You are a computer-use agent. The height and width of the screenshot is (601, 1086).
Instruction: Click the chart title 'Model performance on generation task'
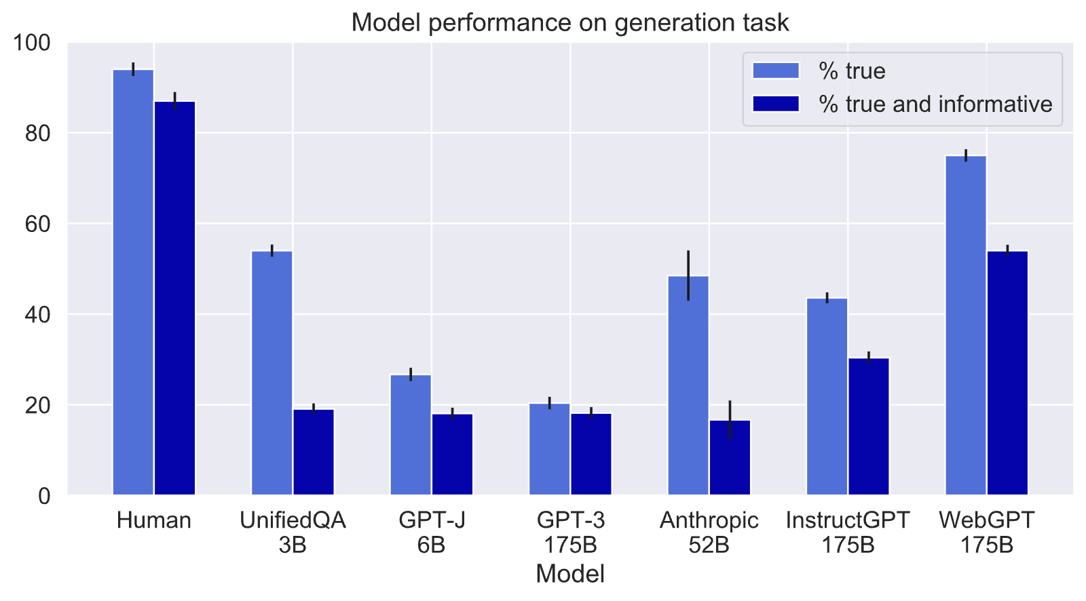[570, 23]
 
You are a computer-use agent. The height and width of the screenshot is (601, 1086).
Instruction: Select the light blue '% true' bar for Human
[133, 282]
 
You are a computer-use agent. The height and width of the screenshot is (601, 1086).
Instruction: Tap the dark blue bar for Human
[175, 298]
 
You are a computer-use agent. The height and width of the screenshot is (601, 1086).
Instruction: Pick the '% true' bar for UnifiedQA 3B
[272, 372]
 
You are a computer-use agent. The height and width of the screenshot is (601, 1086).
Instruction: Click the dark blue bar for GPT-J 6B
[452, 454]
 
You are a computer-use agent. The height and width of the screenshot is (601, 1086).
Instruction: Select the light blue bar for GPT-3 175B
[550, 449]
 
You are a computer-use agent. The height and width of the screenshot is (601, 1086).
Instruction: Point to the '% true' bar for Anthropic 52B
[688, 385]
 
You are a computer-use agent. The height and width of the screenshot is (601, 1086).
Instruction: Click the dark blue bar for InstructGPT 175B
[869, 427]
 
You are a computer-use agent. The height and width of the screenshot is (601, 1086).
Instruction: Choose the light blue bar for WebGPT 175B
[967, 325]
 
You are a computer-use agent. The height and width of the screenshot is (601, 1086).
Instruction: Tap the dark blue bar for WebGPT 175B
[1008, 372]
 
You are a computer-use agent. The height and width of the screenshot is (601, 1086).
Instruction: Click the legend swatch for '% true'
[776, 71]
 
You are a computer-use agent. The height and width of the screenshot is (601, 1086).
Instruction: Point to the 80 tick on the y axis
[38, 133]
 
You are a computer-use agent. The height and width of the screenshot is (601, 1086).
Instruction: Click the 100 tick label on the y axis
[32, 43]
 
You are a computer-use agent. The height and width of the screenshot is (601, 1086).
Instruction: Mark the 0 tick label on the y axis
[44, 496]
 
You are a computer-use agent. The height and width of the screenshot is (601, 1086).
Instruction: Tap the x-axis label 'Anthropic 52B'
[709, 532]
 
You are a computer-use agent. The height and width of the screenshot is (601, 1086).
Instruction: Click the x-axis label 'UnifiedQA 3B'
[293, 532]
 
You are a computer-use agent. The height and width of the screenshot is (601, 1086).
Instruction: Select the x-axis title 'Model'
[570, 574]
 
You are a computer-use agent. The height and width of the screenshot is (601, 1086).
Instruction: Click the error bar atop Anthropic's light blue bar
[688, 275]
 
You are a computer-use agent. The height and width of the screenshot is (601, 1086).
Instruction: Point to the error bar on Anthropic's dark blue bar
[730, 420]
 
